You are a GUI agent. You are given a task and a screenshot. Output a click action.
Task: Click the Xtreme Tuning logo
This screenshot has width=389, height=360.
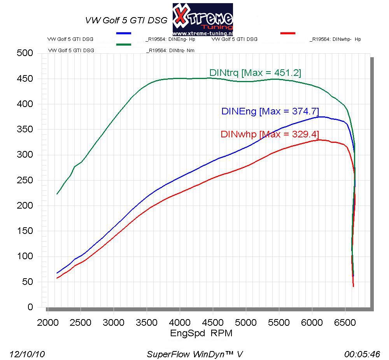click(x=203, y=17)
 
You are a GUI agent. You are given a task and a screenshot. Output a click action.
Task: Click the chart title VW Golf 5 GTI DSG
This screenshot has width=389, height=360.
click(x=126, y=20)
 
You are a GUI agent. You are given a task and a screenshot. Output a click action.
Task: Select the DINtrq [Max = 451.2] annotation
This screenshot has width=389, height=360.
click(x=255, y=72)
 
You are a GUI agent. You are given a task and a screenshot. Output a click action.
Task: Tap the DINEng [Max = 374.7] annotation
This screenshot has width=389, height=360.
click(x=270, y=111)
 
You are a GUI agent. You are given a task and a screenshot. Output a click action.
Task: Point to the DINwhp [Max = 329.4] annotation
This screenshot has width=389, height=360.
click(x=270, y=134)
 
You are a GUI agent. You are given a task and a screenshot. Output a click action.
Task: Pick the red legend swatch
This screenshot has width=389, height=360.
click(x=287, y=33)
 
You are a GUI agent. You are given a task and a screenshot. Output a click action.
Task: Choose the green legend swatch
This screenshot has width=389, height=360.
click(x=124, y=45)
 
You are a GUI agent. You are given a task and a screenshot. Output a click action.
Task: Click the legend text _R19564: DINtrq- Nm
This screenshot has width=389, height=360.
click(x=170, y=50)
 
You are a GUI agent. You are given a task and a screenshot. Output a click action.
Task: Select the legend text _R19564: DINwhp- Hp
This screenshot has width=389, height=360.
click(x=335, y=39)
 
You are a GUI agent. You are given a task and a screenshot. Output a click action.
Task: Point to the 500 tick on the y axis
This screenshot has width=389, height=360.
click(x=25, y=53)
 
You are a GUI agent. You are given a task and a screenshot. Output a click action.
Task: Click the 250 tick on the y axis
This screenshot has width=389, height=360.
click(x=25, y=180)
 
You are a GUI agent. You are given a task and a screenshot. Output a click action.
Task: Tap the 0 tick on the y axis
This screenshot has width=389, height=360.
click(x=30, y=307)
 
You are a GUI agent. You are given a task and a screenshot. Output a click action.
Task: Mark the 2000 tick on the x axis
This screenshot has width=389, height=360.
click(x=47, y=323)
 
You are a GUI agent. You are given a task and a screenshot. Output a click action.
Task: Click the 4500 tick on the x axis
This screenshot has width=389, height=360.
click(x=213, y=323)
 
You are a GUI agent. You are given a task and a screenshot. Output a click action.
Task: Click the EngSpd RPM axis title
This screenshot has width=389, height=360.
click(x=201, y=334)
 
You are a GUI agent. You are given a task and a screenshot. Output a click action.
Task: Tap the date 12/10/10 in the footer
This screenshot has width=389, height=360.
click(x=27, y=354)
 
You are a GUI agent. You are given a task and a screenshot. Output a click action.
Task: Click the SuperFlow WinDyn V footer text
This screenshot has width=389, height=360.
click(x=194, y=354)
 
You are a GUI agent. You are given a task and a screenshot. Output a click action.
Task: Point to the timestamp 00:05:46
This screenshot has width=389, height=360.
click(x=362, y=354)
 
